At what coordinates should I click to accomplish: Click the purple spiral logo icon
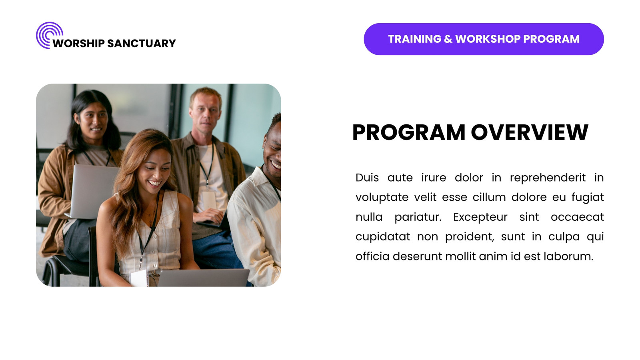(x=46, y=32)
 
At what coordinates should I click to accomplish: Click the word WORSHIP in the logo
(x=78, y=44)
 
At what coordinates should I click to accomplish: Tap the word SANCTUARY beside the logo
(x=142, y=44)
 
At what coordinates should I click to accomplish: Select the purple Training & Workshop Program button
(x=484, y=39)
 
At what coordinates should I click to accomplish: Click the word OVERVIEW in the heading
(x=530, y=132)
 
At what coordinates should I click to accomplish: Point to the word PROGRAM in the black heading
(x=409, y=132)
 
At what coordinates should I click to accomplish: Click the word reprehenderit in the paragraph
(x=548, y=178)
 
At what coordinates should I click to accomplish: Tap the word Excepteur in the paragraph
(x=480, y=218)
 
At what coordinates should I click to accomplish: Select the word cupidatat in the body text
(x=382, y=237)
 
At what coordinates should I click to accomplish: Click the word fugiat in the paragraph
(x=588, y=198)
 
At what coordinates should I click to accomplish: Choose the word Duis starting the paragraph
(x=367, y=178)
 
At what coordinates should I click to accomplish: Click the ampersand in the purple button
(x=448, y=39)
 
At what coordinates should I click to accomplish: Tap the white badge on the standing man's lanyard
(x=209, y=201)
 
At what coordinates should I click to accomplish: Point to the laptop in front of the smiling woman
(x=204, y=278)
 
